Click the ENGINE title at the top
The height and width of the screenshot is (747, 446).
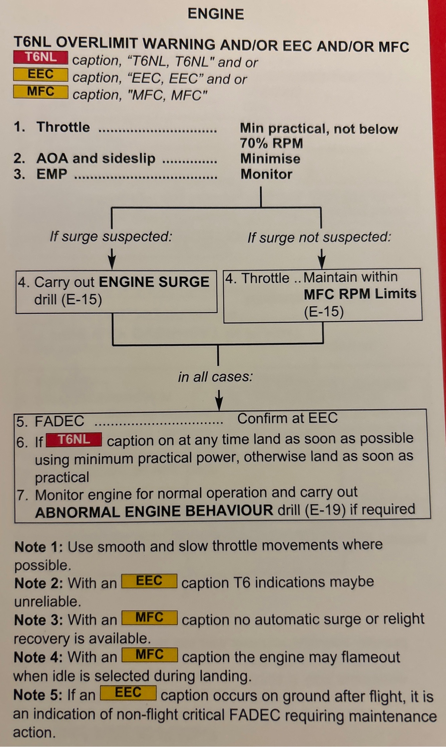click(216, 14)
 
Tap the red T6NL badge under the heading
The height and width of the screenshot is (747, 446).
click(41, 57)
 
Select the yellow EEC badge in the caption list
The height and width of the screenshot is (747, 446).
click(41, 75)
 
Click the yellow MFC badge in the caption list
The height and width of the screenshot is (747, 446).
click(41, 92)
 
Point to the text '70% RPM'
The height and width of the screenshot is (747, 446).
click(271, 143)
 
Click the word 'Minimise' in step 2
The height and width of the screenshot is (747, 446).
click(270, 159)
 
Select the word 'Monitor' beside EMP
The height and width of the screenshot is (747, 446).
click(266, 174)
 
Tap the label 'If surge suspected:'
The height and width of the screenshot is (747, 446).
click(111, 237)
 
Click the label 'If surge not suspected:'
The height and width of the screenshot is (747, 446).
click(319, 237)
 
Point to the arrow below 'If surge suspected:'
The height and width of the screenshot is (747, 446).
click(112, 259)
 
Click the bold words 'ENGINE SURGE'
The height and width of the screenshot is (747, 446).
click(154, 282)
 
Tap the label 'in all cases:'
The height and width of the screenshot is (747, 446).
click(215, 377)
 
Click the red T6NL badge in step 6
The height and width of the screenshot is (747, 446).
click(74, 440)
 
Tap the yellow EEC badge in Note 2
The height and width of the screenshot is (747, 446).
click(149, 581)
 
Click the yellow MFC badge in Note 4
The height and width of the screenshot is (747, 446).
click(149, 655)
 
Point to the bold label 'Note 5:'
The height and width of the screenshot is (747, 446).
click(38, 695)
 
